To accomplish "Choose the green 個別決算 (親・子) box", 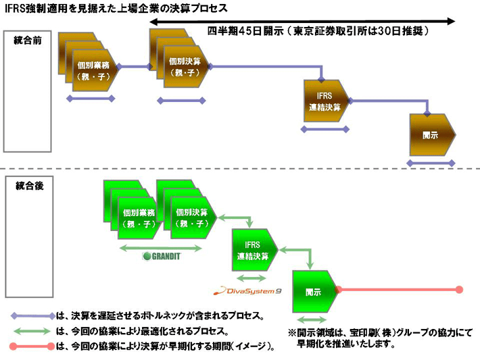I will pos(191,217).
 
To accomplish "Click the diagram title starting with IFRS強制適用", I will pos(116,8).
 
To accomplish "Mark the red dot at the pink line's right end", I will pos(459,290).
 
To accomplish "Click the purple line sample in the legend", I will pos(32,315).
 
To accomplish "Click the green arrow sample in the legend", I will pos(32,332).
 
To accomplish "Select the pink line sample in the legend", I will pos(32,347).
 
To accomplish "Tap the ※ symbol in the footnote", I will pos(292,332).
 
